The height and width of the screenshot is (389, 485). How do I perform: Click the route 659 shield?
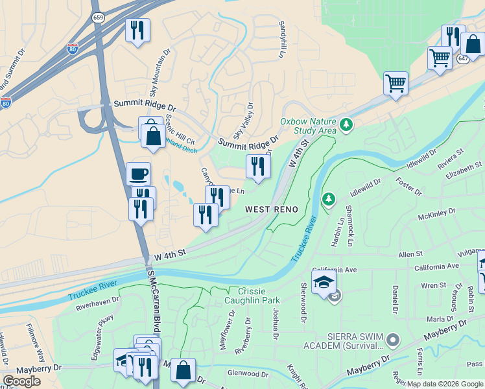click(x=98, y=18)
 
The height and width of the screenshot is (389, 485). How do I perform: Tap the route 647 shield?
click(x=463, y=58)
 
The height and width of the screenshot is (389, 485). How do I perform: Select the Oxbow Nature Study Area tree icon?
click(x=346, y=123)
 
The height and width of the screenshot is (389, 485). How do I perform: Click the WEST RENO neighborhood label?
click(x=272, y=209)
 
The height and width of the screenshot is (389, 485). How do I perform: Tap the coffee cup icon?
click(x=138, y=174)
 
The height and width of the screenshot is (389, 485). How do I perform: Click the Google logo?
click(x=22, y=381)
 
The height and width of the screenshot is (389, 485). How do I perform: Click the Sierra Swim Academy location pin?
click(x=392, y=339)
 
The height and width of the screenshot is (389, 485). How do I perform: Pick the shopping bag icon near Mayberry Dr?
click(x=183, y=371)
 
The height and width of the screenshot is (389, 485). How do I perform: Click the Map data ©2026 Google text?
click(x=445, y=384)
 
